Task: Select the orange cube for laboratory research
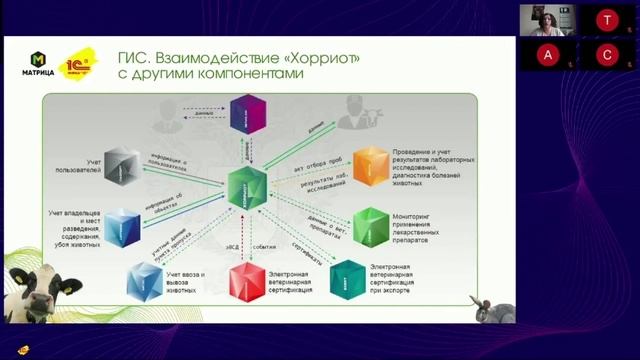click(x=369, y=164)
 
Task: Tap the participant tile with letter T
click(x=605, y=20)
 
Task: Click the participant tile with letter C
click(x=605, y=53)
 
